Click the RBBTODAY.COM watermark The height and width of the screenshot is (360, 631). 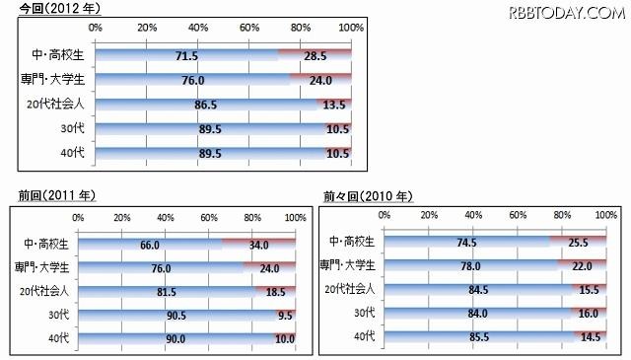pyautogui.click(x=567, y=13)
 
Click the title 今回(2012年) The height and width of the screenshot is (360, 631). pyautogui.click(x=45, y=8)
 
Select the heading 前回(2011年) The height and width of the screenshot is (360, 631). pyautogui.click(x=45, y=196)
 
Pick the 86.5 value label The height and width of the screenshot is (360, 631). pyautogui.click(x=207, y=105)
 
